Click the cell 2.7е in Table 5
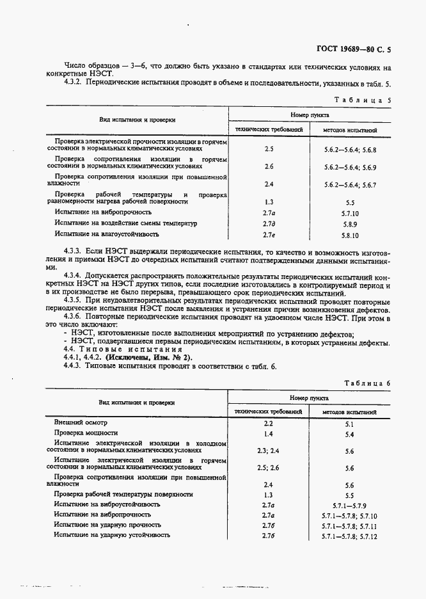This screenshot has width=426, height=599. tap(269, 235)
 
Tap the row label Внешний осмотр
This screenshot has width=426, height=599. tap(81, 423)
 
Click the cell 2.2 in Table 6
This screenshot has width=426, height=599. tap(269, 423)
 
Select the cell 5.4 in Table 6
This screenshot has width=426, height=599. tap(349, 434)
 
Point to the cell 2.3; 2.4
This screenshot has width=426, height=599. tap(269, 451)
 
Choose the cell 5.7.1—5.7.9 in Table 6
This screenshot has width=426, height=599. tap(349, 505)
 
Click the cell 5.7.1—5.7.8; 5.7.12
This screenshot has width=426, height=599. tap(349, 536)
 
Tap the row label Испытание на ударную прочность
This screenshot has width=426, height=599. tap(107, 525)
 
